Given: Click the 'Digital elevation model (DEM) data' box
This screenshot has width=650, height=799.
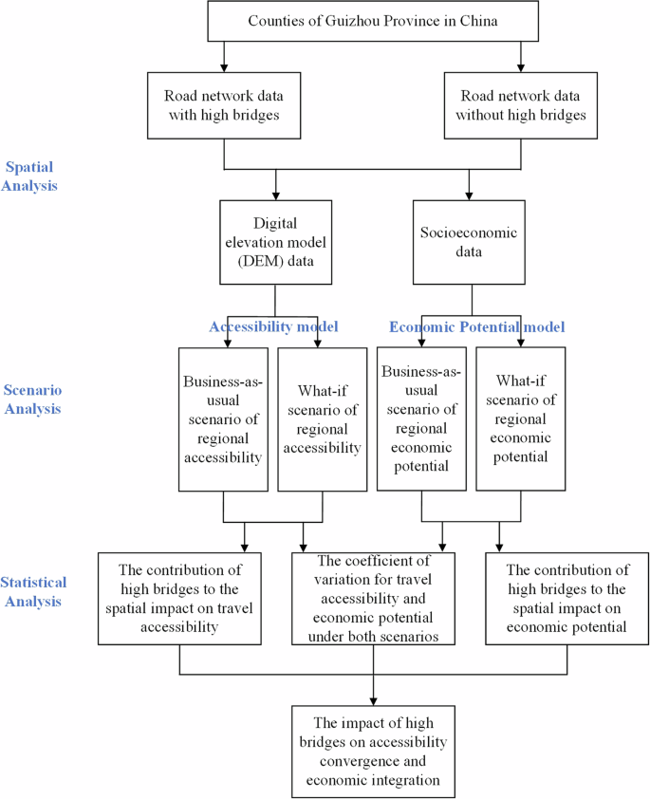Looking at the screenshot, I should tap(275, 241).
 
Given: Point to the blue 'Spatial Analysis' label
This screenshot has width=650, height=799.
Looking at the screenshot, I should tap(29, 177).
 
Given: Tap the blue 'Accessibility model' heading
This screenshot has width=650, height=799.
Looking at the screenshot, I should tap(274, 326).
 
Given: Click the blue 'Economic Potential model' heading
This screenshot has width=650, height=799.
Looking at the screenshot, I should tap(477, 326).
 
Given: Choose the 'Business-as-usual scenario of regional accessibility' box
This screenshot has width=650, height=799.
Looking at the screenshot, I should tap(223, 418).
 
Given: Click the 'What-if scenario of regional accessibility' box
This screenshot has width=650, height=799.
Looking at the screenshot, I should tap(322, 418).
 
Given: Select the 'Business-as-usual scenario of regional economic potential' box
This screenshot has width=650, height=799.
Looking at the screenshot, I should tap(421, 418).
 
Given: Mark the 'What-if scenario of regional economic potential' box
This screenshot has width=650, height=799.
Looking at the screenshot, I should tap(520, 418).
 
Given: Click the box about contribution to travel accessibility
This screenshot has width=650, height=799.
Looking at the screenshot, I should tap(180, 598).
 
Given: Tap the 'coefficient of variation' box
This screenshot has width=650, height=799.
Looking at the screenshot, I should tap(373, 599).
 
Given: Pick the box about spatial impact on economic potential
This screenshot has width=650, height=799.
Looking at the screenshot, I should tap(567, 598).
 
